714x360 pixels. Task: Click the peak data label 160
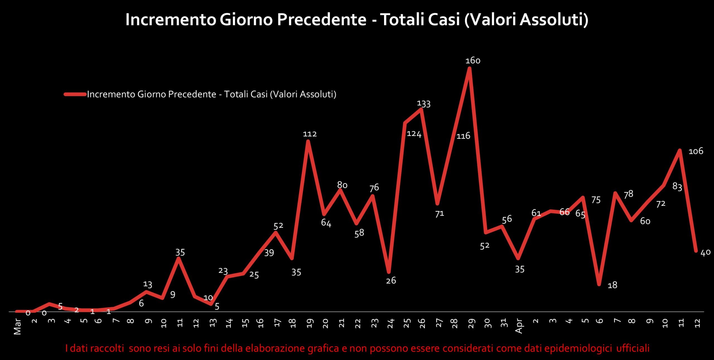pos(473,61)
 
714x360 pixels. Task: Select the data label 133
pos(424,104)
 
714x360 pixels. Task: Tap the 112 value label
pos(310,134)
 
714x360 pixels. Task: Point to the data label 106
pos(696,151)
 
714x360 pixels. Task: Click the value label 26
pos(391,280)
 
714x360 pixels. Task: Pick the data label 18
pos(612,285)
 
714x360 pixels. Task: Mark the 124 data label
pos(414,134)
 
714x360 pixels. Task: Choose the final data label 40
pos(705,253)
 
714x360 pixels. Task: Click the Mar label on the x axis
pos(17,326)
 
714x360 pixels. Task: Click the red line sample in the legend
pos(75,94)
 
